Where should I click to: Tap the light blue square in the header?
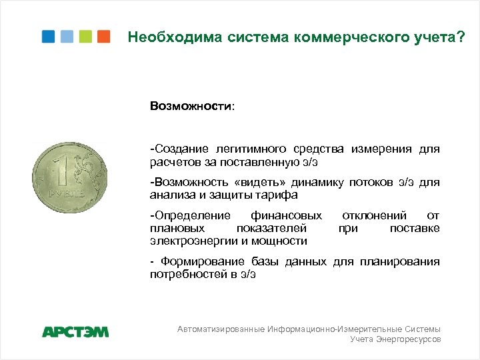tap(67, 37)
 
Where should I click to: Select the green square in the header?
tap(85, 37)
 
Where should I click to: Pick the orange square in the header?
tap(103, 37)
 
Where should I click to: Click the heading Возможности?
tap(192, 106)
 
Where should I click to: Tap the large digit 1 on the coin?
tap(65, 171)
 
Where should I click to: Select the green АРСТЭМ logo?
tap(75, 331)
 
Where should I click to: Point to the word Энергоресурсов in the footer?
tap(408, 339)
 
